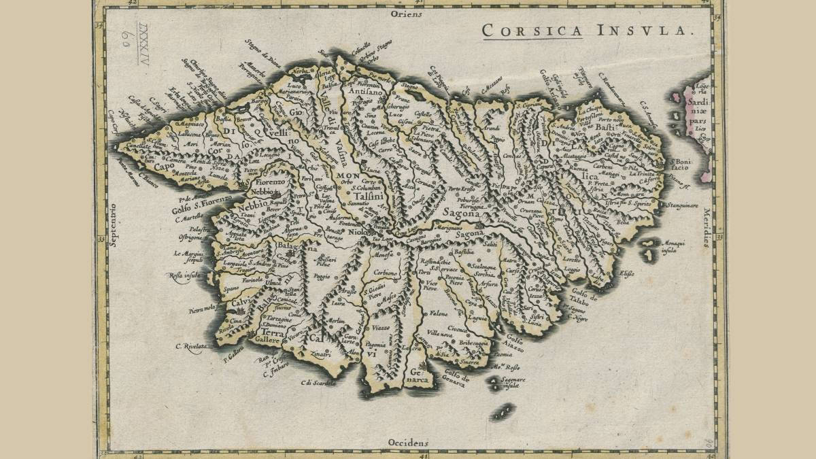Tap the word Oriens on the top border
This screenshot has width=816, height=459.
coord(407,13)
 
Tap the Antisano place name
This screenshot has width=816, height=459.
coord(367,90)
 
